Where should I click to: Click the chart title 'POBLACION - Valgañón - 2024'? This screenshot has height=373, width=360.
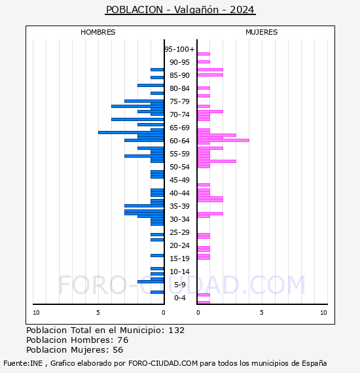[180, 10]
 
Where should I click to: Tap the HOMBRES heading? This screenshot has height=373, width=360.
[98, 32]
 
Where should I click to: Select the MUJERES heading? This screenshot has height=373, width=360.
[262, 32]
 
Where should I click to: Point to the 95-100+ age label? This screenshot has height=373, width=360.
[179, 49]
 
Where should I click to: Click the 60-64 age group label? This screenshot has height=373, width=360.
[179, 141]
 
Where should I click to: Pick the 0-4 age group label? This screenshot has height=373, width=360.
[180, 298]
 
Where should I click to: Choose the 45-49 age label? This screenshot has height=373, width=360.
[179, 180]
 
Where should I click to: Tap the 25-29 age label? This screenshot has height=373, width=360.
[179, 232]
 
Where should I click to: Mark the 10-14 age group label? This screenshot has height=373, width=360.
[179, 272]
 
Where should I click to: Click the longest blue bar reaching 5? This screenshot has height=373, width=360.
[131, 132]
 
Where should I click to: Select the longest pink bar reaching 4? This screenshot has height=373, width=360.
[223, 140]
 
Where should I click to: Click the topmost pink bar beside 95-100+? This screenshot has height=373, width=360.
[204, 54]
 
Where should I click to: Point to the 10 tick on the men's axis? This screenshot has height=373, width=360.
[36, 313]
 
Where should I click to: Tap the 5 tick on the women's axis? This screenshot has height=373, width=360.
[262, 313]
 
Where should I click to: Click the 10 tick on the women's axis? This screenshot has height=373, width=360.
[323, 313]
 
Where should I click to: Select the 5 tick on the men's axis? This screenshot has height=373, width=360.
[98, 313]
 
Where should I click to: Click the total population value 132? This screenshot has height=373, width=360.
[177, 330]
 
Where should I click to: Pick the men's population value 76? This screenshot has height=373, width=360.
[123, 340]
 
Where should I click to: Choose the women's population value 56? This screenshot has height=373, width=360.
[118, 350]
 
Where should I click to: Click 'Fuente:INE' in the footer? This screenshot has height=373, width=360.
[23, 363]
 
